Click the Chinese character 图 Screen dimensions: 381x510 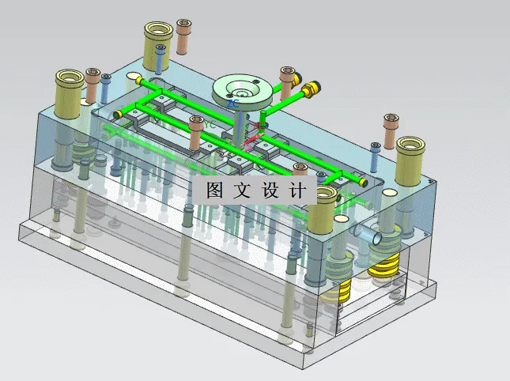tap(214, 190)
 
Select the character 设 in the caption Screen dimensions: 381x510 tap(270, 190)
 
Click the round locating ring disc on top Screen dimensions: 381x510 tap(243, 91)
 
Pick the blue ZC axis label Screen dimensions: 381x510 tap(233, 104)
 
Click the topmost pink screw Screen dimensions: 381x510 tap(183, 35)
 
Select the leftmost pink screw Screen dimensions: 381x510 tap(93, 85)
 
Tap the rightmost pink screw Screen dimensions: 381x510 tap(391, 131)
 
